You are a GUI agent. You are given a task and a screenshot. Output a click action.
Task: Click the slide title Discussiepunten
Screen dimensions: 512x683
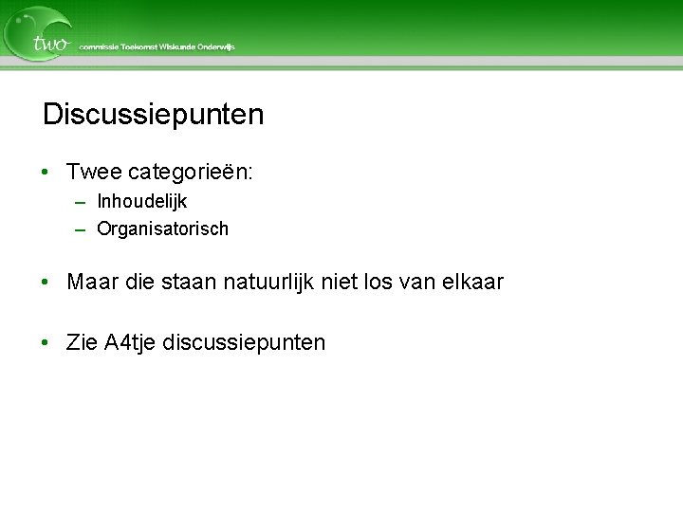(153, 116)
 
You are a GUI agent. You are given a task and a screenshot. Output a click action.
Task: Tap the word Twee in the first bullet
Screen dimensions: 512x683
(94, 172)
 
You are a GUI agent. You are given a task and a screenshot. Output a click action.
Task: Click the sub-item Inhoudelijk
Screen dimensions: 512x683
(141, 202)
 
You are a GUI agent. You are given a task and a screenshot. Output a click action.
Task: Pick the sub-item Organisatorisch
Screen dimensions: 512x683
(162, 229)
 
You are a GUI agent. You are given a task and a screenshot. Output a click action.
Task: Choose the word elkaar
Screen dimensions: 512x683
(471, 283)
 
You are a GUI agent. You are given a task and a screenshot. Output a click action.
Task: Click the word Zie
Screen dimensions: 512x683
(82, 342)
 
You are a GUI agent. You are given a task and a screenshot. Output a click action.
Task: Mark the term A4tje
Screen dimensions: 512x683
(130, 343)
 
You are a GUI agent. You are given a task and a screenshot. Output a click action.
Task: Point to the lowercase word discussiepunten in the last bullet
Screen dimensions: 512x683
(244, 343)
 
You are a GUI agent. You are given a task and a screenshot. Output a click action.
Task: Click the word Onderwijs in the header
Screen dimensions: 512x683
(217, 46)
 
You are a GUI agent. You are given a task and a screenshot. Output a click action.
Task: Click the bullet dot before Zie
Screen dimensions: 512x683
(46, 342)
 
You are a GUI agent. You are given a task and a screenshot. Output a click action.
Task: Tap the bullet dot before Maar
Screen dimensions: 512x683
(46, 283)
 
